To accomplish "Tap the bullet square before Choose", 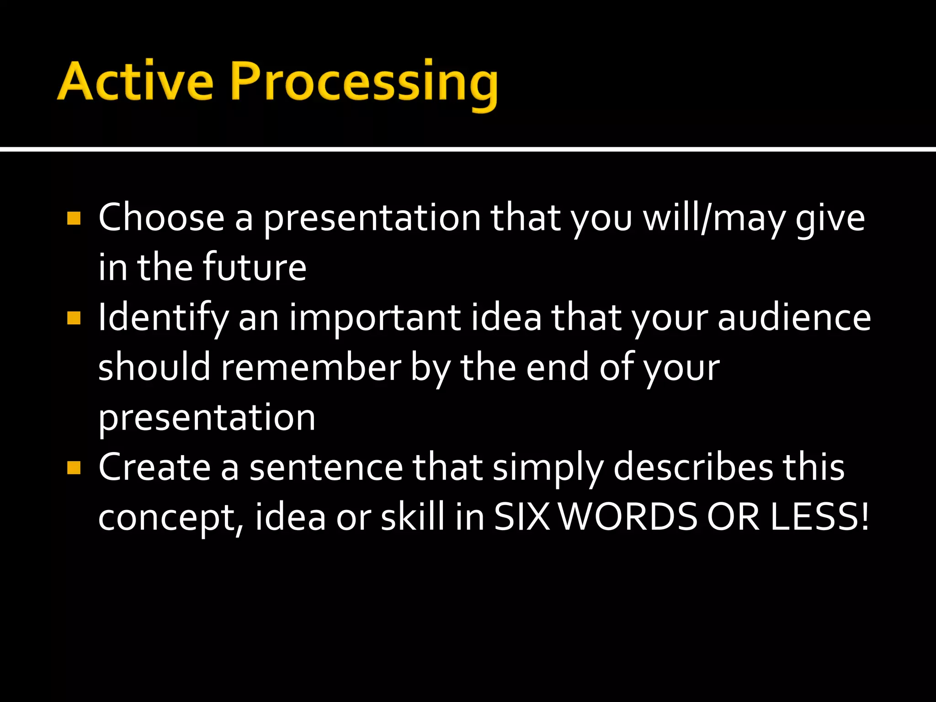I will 74,218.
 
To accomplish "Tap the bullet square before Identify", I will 74,318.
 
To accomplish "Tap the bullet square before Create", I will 74,468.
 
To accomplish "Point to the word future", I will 255,267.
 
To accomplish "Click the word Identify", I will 163,318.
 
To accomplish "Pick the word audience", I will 794,318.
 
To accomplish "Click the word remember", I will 311,367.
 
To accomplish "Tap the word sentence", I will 326,468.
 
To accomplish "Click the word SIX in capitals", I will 522,517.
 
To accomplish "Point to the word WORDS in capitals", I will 629,517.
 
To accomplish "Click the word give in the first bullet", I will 830,218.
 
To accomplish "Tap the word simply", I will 548,468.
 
